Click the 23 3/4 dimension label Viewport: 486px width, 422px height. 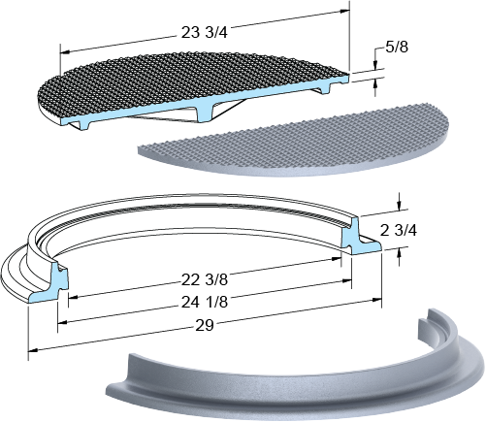click(204, 33)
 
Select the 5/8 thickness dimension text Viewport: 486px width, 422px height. click(397, 48)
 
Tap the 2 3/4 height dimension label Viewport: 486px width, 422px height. click(399, 231)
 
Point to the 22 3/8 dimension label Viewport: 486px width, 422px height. click(205, 280)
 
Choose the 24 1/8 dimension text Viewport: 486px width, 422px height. click(205, 302)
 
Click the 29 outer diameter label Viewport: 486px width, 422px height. click(205, 325)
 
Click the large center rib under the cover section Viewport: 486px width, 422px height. click(204, 113)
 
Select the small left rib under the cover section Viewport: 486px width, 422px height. click(85, 123)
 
